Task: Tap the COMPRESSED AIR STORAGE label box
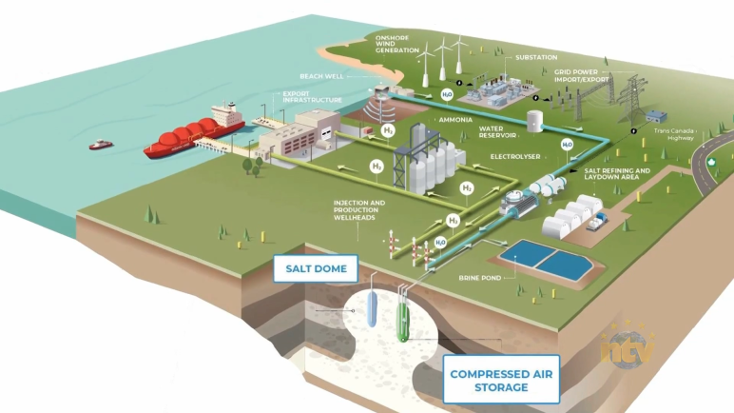click(x=502, y=381)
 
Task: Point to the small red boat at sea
click(x=100, y=145)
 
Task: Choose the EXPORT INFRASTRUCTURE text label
click(x=310, y=97)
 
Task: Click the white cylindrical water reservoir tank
click(x=534, y=121)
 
